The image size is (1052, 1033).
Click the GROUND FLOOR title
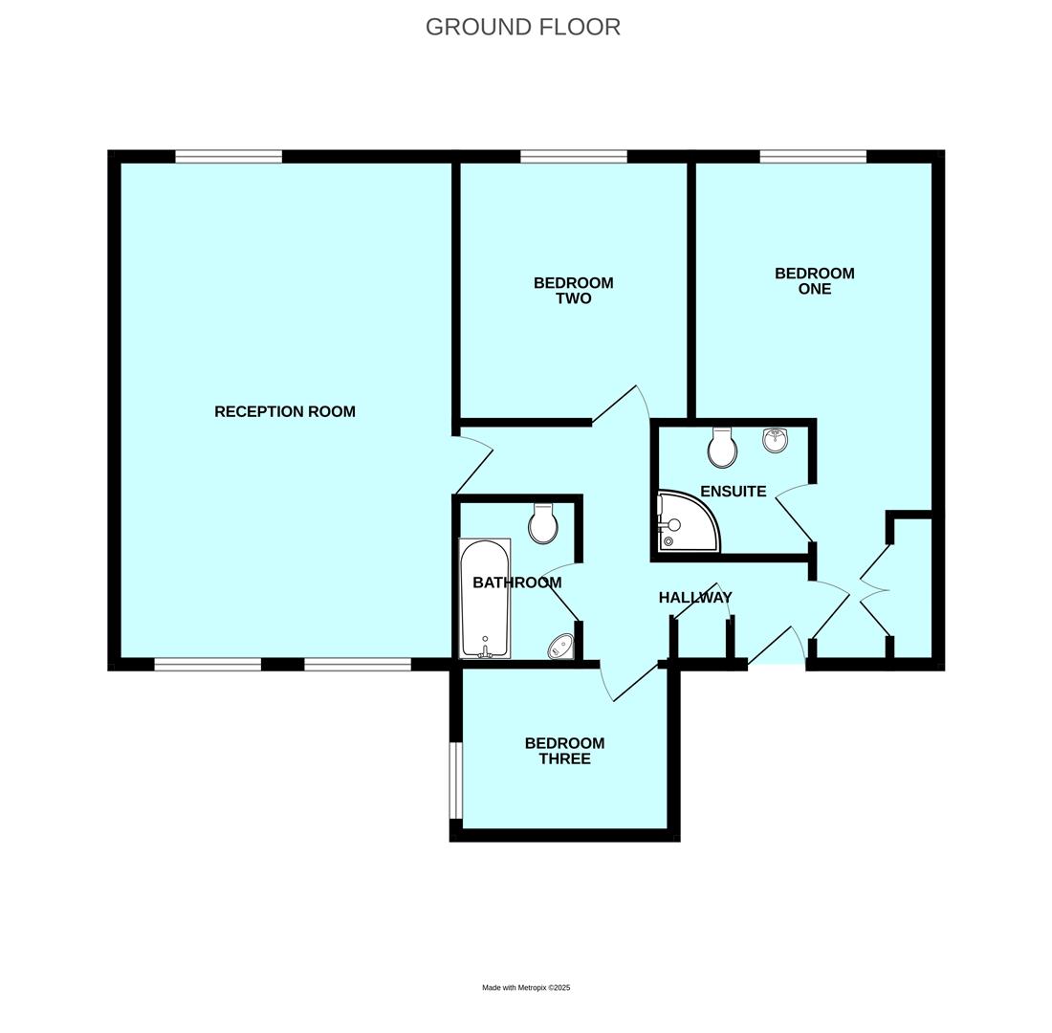click(523, 27)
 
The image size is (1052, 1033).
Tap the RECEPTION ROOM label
click(285, 411)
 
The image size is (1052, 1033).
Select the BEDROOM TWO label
click(574, 291)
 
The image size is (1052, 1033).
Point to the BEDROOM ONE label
click(815, 281)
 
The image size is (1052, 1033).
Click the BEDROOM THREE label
click(564, 751)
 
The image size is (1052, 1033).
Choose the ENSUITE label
click(734, 492)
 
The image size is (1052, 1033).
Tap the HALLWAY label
click(695, 598)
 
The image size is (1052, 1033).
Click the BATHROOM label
click(517, 582)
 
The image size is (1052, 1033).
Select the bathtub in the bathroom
click(485, 599)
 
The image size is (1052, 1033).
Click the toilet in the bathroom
click(543, 523)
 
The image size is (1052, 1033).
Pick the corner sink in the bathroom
click(561, 647)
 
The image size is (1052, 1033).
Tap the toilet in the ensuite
click(722, 448)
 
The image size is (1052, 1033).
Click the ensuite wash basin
click(775, 440)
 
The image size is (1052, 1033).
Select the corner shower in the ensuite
click(687, 522)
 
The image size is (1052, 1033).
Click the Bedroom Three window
click(456, 780)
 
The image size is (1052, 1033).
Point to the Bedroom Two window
click(574, 157)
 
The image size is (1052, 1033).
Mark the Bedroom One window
click(813, 157)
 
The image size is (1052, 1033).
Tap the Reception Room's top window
click(229, 157)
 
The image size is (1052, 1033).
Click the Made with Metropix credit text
click(526, 988)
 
